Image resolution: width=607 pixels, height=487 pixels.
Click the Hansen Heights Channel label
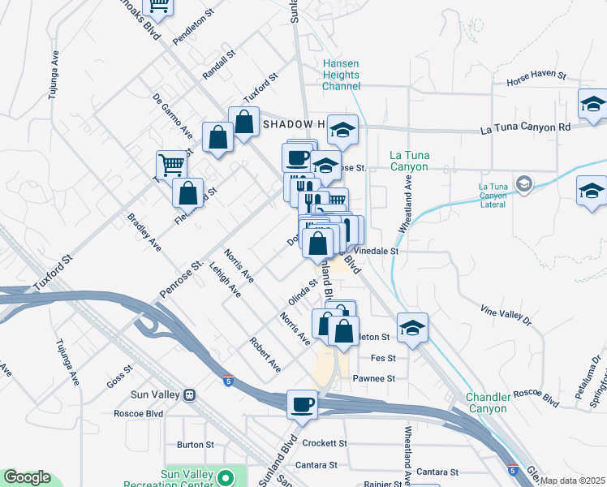click(341, 75)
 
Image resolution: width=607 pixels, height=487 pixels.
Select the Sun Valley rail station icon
click(189, 395)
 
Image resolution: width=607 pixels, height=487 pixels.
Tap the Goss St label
click(118, 380)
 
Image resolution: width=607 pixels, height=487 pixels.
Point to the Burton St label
click(195, 445)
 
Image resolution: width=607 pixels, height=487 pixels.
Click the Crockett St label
click(324, 444)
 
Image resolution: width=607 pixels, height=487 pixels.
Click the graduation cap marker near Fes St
click(413, 328)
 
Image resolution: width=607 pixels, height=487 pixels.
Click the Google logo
click(27, 478)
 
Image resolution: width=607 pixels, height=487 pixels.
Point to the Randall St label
click(218, 64)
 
